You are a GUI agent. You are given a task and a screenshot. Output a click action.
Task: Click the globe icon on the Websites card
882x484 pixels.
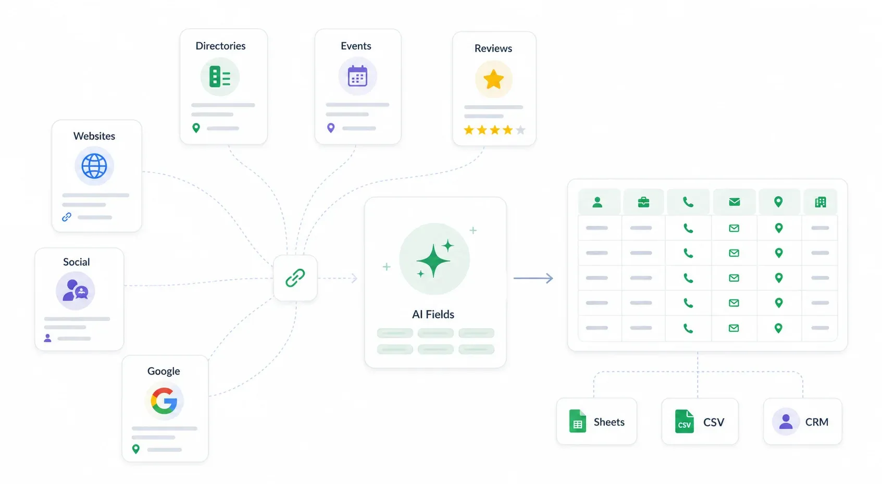[94, 166]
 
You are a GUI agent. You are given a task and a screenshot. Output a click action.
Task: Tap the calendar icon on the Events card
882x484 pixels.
[357, 76]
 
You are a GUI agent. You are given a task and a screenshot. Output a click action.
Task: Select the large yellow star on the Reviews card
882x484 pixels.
[493, 79]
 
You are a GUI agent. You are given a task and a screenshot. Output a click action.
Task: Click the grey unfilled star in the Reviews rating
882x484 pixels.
[520, 130]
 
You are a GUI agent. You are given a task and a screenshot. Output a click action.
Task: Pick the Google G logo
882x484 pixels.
[164, 401]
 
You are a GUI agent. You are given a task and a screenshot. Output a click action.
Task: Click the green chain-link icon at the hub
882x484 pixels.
[295, 278]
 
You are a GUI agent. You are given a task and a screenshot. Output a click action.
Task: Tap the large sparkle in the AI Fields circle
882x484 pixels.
[433, 260]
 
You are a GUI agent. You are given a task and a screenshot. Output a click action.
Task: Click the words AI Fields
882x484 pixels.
[433, 314]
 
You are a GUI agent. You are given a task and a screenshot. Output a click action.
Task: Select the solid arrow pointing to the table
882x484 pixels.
[533, 278]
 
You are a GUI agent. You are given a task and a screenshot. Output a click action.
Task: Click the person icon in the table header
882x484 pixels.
[598, 202]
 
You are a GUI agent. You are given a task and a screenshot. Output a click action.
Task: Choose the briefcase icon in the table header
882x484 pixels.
[643, 202]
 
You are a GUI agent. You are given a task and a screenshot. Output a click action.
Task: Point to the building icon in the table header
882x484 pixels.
[821, 202]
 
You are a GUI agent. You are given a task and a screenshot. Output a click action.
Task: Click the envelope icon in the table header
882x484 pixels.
[735, 202]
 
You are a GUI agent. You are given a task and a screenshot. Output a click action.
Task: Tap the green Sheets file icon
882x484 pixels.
[578, 421]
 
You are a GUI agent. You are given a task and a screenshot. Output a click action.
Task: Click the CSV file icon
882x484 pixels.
[685, 421]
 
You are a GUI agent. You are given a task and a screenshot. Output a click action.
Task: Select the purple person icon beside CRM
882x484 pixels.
[786, 421]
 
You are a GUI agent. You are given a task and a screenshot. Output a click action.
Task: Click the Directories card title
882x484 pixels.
[220, 46]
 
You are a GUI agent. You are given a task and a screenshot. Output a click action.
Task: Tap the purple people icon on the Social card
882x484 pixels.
[76, 290]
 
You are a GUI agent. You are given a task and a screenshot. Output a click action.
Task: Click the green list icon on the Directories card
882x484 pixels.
[220, 77]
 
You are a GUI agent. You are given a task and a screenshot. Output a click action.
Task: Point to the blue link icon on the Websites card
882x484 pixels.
[67, 217]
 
